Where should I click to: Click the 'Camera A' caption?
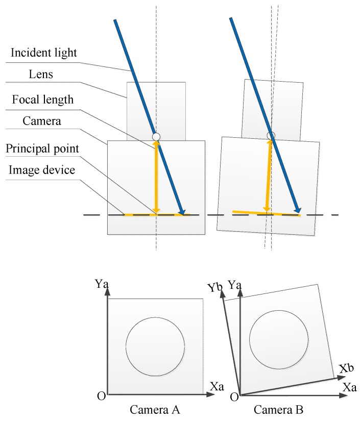coord(154,410)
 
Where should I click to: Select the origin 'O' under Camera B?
coord(234,397)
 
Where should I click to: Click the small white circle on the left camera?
coord(156,136)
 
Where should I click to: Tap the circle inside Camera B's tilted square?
coord(279,339)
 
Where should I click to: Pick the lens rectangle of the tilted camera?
coord(272,109)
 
